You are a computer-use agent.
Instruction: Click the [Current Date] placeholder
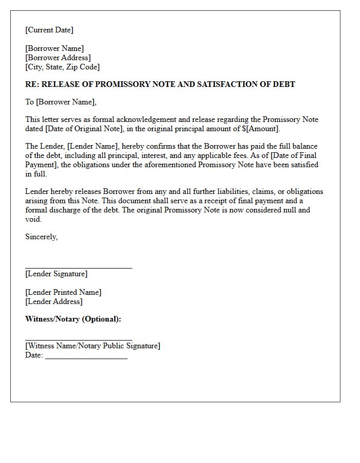pos(49,30)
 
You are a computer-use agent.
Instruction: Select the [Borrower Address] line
pos(58,58)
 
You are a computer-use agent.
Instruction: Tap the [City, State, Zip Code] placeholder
pos(63,67)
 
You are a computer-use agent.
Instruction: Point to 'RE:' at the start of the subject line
pos(32,84)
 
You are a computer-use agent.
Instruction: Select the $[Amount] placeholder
pos(260,129)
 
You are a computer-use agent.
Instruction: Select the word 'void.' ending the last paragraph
pos(33,219)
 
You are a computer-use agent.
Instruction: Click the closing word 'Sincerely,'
pos(42,237)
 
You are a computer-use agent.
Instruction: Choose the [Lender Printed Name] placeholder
pos(63,292)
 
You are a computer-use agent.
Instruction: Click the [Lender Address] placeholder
pos(54,301)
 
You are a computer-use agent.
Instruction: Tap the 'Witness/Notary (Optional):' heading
pos(73,319)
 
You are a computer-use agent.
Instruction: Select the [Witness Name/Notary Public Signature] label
pos(93,346)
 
